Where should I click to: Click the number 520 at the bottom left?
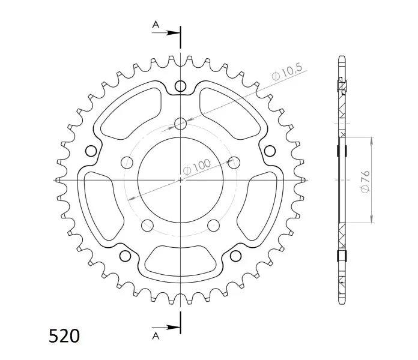[64, 336]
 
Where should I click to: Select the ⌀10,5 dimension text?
[287, 72]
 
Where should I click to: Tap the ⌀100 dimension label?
[197, 167]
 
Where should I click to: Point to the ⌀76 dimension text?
[365, 181]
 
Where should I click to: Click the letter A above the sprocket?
[156, 25]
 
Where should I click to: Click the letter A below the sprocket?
[156, 337]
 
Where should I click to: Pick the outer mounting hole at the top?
[181, 86]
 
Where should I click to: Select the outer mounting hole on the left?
[91, 151]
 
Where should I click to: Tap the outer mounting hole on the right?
[270, 151]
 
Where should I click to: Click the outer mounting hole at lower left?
[126, 256]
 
